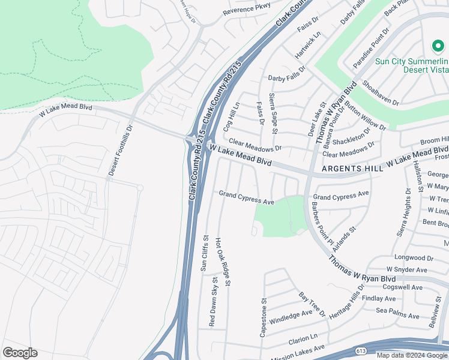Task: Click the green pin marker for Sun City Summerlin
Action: click(437, 46)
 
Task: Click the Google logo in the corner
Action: click(20, 353)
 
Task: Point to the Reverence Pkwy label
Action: click(247, 10)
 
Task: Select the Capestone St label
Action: click(263, 316)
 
